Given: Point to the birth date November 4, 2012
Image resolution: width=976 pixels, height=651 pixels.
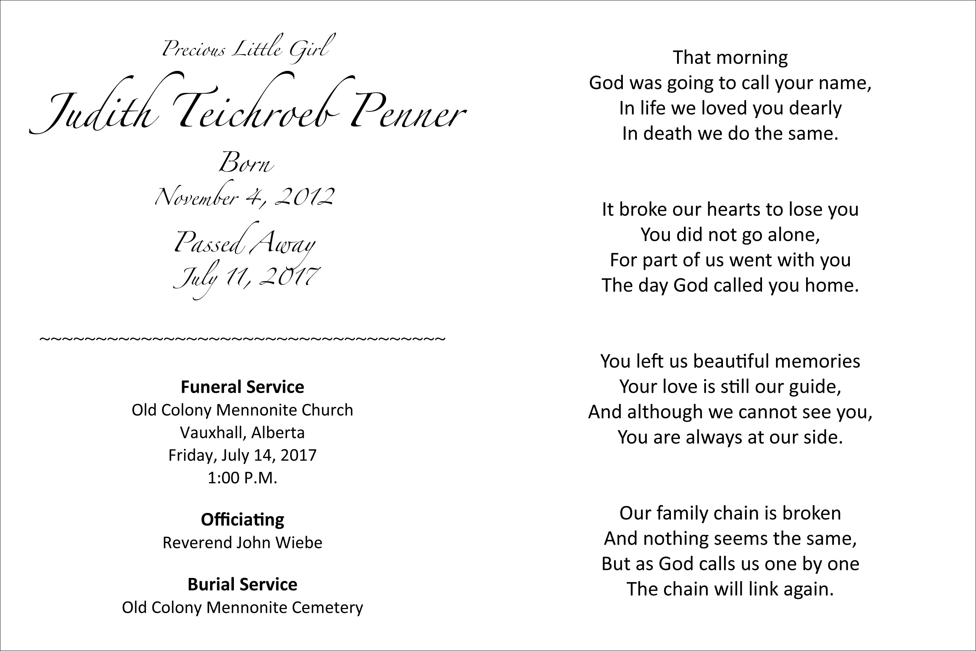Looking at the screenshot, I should tap(245, 196).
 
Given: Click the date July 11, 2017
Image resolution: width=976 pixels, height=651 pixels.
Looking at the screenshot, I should tap(247, 276).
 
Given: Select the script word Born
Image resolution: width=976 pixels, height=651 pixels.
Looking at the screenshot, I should tap(246, 163).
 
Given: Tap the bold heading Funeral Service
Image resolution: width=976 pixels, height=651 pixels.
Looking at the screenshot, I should tap(242, 387).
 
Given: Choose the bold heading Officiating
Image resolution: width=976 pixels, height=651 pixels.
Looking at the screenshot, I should tap(242, 519).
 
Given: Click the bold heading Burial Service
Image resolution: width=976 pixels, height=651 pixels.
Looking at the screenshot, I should tap(242, 584).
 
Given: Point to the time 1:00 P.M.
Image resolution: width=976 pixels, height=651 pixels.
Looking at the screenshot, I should tap(242, 478).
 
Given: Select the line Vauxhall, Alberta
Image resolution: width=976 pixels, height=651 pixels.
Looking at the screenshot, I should tap(242, 433).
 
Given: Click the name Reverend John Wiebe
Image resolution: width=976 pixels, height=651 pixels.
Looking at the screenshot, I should tap(242, 542).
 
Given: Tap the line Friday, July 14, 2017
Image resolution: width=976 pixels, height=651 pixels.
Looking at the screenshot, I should tap(242, 455).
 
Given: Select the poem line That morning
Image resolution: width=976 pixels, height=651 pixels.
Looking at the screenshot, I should tap(730, 57).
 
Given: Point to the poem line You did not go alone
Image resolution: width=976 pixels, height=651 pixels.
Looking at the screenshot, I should tap(730, 235).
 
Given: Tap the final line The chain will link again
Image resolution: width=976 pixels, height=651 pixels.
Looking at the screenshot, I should tap(730, 589).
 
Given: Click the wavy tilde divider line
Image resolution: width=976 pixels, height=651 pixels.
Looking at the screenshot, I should tap(242, 339).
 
